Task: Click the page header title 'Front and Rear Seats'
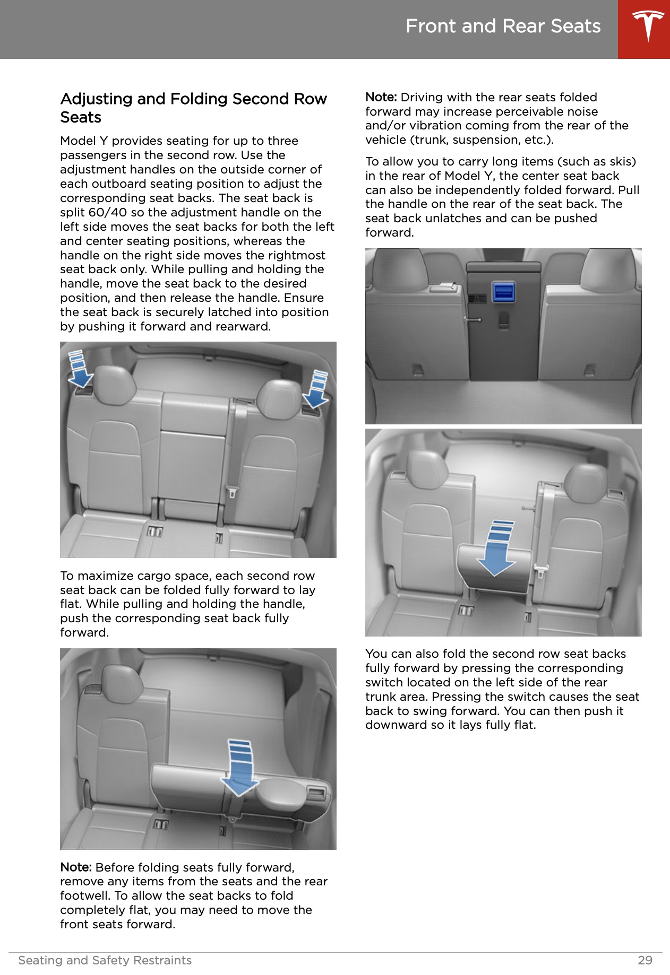[503, 26]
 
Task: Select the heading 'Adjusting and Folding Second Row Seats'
[193, 108]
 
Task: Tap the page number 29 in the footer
[645, 960]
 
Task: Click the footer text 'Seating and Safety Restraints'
[105, 960]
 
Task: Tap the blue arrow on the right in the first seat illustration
[317, 388]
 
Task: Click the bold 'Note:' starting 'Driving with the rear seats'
[381, 97]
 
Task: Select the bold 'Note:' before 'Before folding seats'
[76, 867]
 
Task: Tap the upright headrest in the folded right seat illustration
[121, 684]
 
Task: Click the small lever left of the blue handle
[473, 319]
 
